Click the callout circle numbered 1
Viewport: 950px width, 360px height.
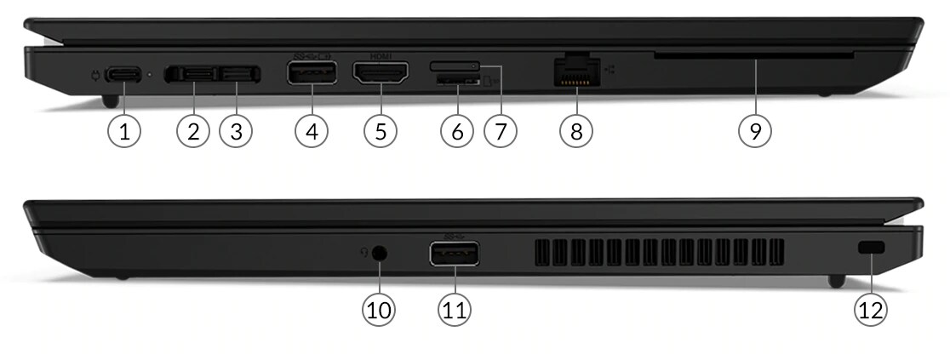[125, 131]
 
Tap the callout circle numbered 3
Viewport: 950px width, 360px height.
[236, 131]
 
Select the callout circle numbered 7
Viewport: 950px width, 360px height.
[501, 131]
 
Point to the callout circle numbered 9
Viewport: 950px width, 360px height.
[755, 131]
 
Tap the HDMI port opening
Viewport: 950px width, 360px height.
[380, 76]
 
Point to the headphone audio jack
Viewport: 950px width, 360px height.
[380, 253]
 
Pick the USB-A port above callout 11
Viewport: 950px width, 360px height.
[454, 254]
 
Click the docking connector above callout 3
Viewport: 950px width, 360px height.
[239, 76]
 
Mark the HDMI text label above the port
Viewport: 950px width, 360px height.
[380, 56]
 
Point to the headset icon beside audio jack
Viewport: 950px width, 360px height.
[363, 252]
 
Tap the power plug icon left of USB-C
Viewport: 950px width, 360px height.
[97, 74]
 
